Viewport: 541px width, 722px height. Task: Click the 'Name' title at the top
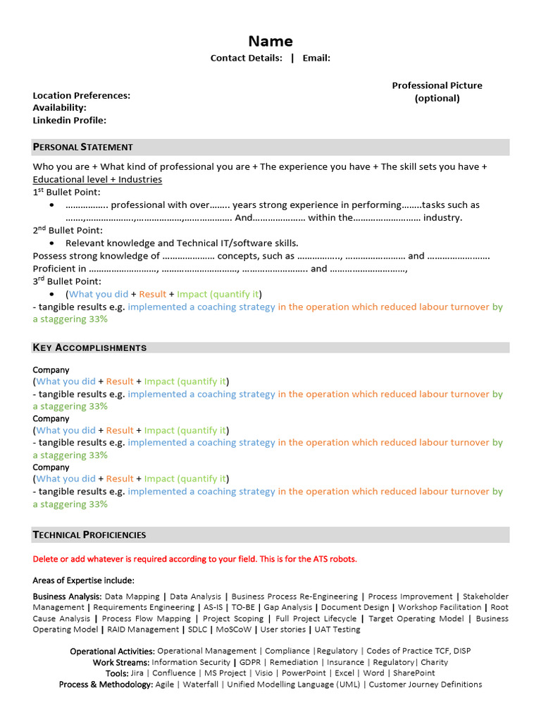click(x=270, y=41)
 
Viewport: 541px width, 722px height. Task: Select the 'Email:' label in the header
click(x=316, y=59)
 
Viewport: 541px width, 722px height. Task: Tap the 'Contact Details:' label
click(x=246, y=59)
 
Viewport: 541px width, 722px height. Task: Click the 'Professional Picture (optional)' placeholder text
click(x=437, y=92)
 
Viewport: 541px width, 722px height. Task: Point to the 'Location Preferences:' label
click(x=81, y=95)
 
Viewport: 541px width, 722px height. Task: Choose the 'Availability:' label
click(x=59, y=108)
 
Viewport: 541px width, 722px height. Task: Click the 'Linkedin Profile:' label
click(x=69, y=121)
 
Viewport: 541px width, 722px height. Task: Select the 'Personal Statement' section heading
click(x=82, y=147)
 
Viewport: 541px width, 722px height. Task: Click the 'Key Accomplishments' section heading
click(x=89, y=348)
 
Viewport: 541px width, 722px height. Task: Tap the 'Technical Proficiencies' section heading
click(x=89, y=535)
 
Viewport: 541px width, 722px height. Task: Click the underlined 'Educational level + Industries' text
click(x=97, y=180)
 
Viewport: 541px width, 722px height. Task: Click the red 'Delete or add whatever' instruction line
click(x=194, y=559)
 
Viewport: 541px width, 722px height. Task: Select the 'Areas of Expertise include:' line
click(x=83, y=580)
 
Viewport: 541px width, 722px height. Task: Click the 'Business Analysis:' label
click(x=67, y=596)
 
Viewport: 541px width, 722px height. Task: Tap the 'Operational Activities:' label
click(x=112, y=651)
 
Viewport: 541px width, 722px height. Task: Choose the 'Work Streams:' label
click(x=120, y=663)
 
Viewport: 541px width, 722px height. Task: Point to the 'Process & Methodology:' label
click(x=106, y=685)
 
